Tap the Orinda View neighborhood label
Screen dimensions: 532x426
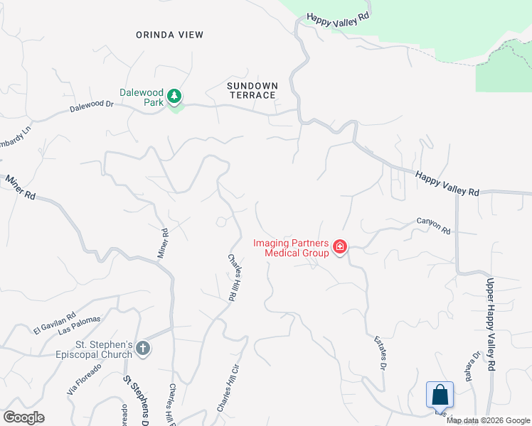[x=170, y=35]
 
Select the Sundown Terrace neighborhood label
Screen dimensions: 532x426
[x=252, y=90]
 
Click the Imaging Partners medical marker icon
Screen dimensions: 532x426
[x=340, y=247]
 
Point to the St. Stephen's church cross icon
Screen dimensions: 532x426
[x=143, y=348]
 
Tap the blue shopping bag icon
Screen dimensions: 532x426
[x=440, y=395]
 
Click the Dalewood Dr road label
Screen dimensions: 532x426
[x=92, y=107]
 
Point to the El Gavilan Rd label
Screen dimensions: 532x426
[x=54, y=324]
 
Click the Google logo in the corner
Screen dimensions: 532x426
[x=23, y=417]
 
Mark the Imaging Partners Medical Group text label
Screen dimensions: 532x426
[x=292, y=248]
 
